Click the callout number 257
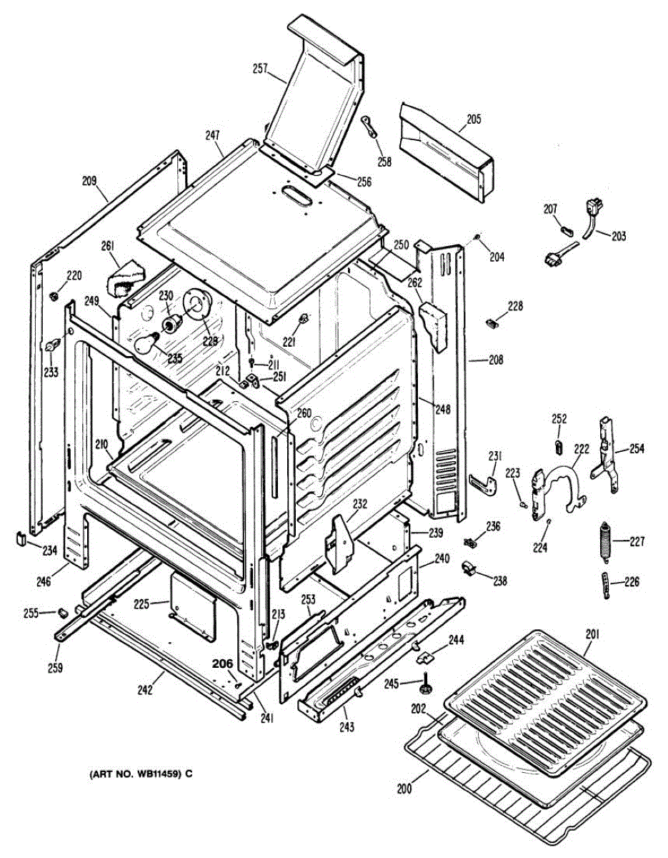click(259, 69)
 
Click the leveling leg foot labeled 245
click(427, 684)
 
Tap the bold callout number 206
click(223, 664)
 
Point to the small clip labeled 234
click(22, 537)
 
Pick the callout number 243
click(347, 728)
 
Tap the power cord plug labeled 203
click(592, 214)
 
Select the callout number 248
click(443, 409)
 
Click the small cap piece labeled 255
click(63, 612)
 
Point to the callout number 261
click(109, 247)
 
